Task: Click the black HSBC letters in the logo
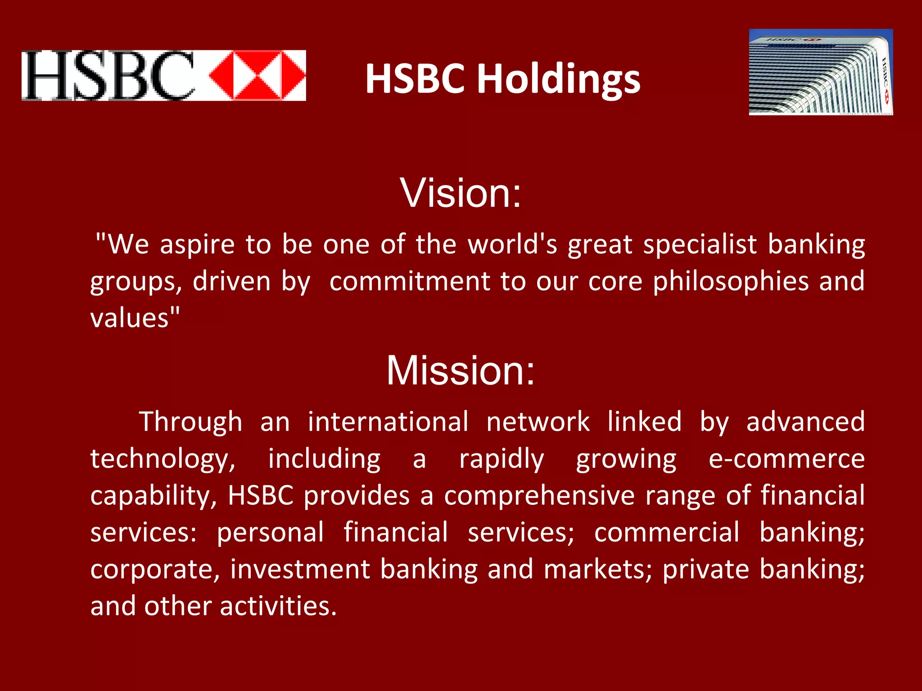point(108,76)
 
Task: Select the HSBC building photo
point(821,72)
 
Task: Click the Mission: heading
point(461,371)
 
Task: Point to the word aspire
point(197,245)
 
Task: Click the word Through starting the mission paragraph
point(190,422)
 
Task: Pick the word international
point(388,422)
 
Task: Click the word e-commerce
point(786,459)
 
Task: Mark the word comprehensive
point(539,496)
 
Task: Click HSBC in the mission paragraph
point(261,496)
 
